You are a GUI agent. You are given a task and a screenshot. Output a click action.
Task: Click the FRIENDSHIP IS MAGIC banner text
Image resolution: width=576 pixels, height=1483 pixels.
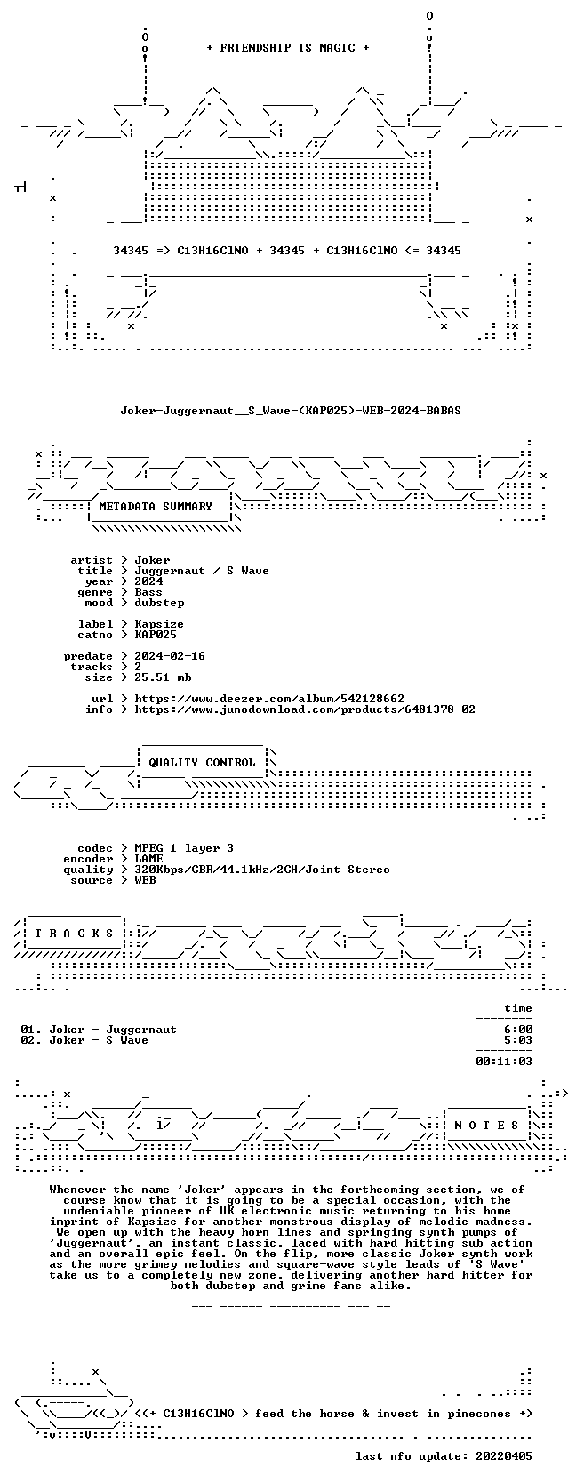[288, 48]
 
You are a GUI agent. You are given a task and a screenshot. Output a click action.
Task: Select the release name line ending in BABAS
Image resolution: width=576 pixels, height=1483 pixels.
[291, 411]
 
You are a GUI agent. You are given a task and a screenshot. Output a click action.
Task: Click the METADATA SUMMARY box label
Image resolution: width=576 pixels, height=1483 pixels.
[156, 507]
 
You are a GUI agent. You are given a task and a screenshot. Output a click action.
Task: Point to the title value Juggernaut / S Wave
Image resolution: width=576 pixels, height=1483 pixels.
[202, 571]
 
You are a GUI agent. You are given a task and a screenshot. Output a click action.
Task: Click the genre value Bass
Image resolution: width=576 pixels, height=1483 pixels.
[148, 592]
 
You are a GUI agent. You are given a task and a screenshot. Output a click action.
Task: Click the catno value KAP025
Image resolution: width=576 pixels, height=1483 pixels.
[156, 635]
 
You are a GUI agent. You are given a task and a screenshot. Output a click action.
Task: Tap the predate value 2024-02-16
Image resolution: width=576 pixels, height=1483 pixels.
[170, 656]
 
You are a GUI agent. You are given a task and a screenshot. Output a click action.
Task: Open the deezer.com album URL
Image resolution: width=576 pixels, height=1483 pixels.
[269, 699]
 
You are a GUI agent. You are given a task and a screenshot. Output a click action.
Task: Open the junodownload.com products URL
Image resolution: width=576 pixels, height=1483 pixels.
[305, 709]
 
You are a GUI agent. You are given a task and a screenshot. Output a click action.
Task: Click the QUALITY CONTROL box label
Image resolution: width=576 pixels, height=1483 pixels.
[202, 763]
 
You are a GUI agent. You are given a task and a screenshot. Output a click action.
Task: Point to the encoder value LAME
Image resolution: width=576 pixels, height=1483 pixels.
[148, 859]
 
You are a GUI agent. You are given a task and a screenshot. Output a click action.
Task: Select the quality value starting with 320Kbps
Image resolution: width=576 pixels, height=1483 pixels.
[262, 870]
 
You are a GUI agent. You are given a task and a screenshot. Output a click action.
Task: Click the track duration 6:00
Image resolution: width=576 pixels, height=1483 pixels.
[518, 1030]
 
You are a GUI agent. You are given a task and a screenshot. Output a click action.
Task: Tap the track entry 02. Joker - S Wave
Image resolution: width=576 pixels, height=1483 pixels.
[84, 1040]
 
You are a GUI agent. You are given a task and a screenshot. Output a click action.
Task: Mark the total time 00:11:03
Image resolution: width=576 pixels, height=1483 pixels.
[504, 1062]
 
